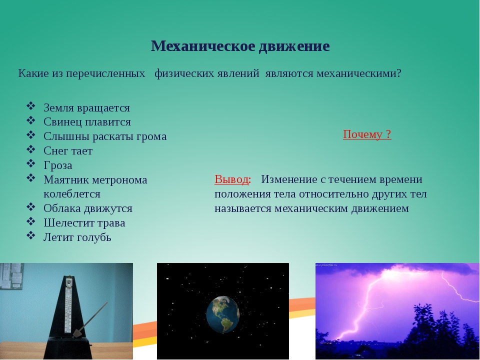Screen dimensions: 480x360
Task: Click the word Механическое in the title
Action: pos(203,46)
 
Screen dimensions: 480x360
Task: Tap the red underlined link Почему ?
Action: pos(367,134)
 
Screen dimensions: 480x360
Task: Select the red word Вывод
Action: pos(231,179)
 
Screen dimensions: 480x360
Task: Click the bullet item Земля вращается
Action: pos(86,108)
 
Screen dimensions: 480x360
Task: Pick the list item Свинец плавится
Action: pos(87,122)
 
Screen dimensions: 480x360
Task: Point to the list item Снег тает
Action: pos(68,150)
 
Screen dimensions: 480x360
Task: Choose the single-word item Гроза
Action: pos(58,165)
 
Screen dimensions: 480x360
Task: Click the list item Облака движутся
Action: pos(88,208)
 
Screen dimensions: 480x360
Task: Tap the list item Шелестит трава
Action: pos(84,223)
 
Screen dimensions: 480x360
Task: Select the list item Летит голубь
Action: pos(77,237)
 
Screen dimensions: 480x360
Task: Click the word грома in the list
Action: pos(151,136)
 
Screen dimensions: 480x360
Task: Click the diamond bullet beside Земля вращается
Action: pos(31,106)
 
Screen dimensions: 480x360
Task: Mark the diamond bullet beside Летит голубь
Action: pos(31,235)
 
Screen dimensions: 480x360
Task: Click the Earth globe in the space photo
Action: pos(222,314)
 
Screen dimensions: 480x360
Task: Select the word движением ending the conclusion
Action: pos(380,208)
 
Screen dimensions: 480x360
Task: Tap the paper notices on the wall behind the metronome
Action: pos(11,276)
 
